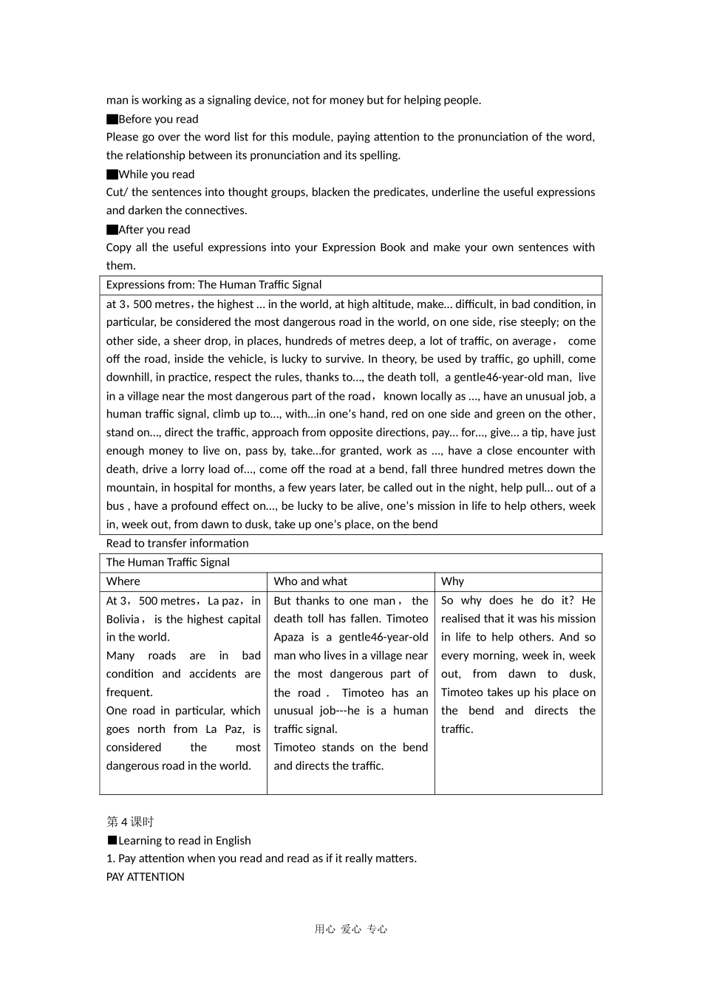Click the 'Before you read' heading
click(158, 119)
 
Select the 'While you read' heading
click(156, 174)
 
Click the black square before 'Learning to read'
click(112, 840)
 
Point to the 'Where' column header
click(123, 581)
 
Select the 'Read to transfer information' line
click(177, 543)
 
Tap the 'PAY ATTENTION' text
click(146, 877)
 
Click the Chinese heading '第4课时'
click(130, 822)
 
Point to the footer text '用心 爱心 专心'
click(351, 929)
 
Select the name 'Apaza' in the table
click(289, 637)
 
